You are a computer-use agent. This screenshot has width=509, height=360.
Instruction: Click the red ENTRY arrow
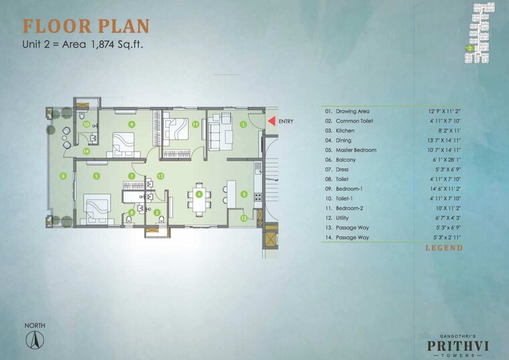pyautogui.click(x=271, y=121)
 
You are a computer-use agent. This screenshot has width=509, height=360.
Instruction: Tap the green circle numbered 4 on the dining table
pyautogui.click(x=200, y=194)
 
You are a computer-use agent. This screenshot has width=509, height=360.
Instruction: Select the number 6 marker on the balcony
pyautogui.click(x=63, y=176)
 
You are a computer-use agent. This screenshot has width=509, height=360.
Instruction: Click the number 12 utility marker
pyautogui.click(x=244, y=217)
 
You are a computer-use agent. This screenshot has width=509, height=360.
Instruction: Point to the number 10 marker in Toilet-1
pyautogui.click(x=86, y=124)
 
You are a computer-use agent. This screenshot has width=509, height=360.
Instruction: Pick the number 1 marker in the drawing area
pyautogui.click(x=244, y=124)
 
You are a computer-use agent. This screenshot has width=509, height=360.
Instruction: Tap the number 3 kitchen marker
pyautogui.click(x=244, y=194)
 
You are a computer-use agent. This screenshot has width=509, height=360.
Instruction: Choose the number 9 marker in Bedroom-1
pyautogui.click(x=131, y=124)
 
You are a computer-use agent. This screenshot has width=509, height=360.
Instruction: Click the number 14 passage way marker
pyautogui.click(x=86, y=152)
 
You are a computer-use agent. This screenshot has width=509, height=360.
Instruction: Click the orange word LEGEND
pyautogui.click(x=443, y=249)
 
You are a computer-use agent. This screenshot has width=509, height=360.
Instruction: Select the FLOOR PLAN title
pyautogui.click(x=86, y=26)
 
